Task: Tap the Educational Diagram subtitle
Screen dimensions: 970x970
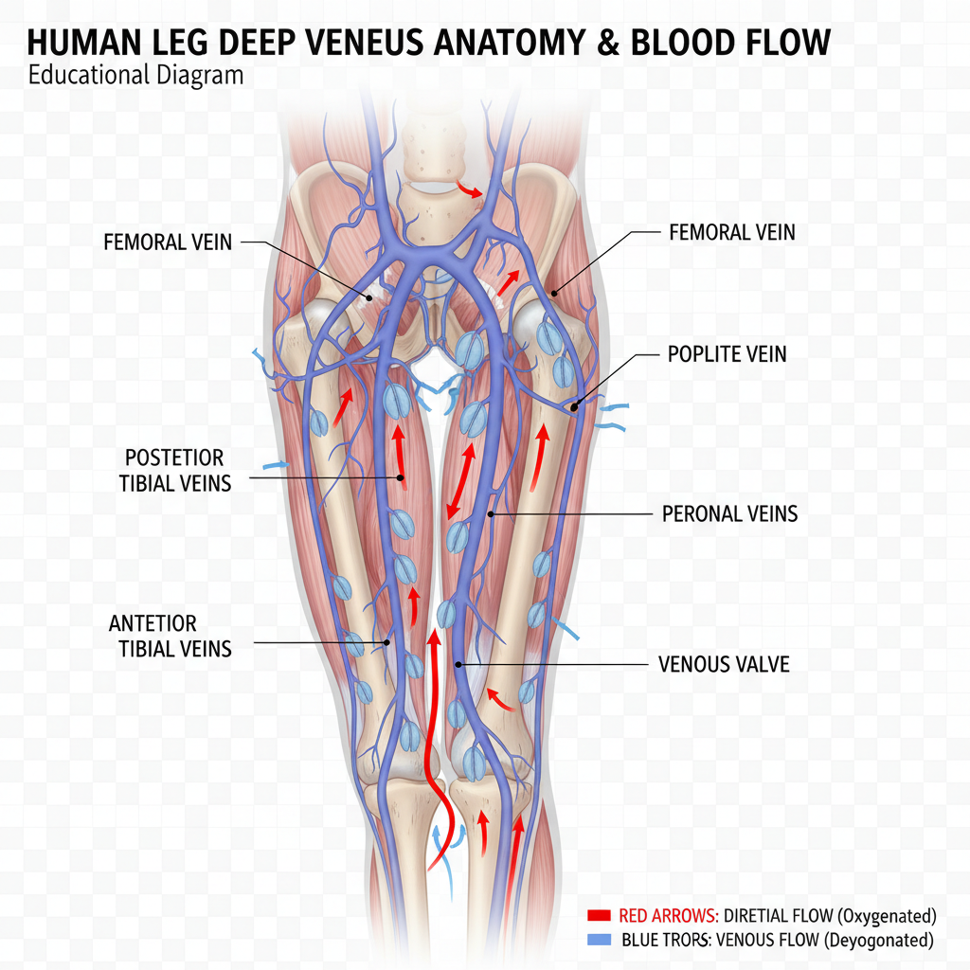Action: (135, 75)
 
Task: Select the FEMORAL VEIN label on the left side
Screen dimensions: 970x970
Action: (168, 242)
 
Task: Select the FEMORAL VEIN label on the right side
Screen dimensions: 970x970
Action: (732, 232)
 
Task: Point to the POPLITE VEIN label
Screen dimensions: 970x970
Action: (727, 355)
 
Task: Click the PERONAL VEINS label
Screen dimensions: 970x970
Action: (729, 514)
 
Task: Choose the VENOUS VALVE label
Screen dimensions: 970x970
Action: (724, 664)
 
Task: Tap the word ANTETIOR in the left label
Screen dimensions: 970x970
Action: (153, 624)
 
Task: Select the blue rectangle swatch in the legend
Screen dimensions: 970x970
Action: (599, 940)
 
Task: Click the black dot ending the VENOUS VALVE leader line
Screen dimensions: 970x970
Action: (458, 664)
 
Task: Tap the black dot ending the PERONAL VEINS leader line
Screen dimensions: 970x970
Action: (491, 514)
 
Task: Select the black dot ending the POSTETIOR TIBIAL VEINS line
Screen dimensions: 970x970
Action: (401, 478)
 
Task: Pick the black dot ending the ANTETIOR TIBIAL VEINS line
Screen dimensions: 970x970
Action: (386, 643)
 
